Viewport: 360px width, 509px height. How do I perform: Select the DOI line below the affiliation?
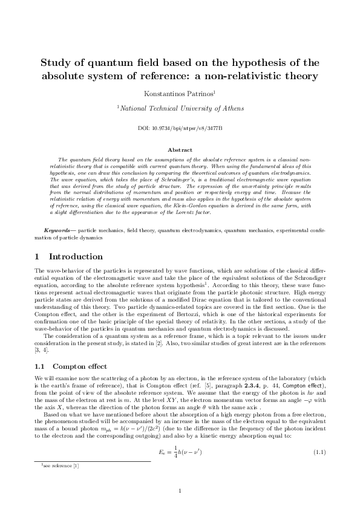pyautogui.click(x=180, y=129)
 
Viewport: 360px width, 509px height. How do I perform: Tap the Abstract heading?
pyautogui.click(x=180, y=149)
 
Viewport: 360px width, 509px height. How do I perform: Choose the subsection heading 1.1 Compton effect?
pyautogui.click(x=71, y=366)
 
